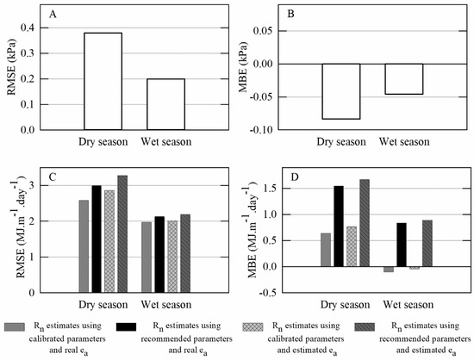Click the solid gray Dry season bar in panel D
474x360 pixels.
click(x=326, y=250)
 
